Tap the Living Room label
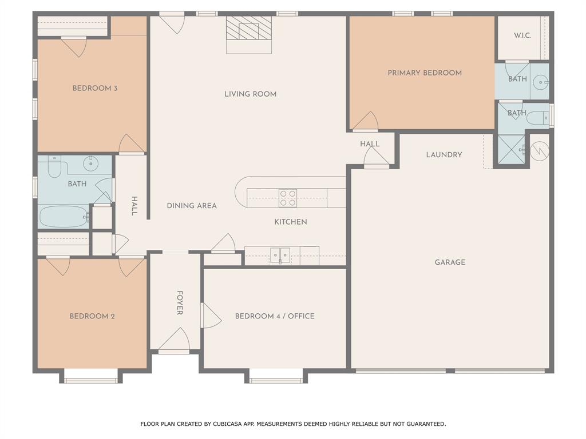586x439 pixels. pyautogui.click(x=250, y=94)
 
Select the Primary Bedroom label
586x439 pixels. pyautogui.click(x=425, y=73)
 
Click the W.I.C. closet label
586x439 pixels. pyautogui.click(x=522, y=35)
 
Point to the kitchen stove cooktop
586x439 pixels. pyautogui.click(x=288, y=198)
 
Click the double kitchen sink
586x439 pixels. pyautogui.click(x=280, y=255)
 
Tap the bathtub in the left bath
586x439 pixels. pyautogui.click(x=63, y=217)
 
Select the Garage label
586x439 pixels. pyautogui.click(x=450, y=262)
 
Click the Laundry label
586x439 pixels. pyautogui.click(x=444, y=155)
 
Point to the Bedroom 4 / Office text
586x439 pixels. pyautogui.click(x=275, y=316)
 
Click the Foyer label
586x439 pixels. pyautogui.click(x=180, y=303)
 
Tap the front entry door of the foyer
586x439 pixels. pyautogui.click(x=175, y=342)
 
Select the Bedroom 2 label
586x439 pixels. pyautogui.click(x=92, y=316)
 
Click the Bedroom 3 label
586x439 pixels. pyautogui.click(x=95, y=89)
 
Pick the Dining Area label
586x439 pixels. pyautogui.click(x=192, y=206)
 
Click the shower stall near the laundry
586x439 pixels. pyautogui.click(x=511, y=149)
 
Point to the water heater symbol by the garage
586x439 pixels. pyautogui.click(x=540, y=150)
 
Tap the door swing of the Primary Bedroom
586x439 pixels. pyautogui.click(x=366, y=122)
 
